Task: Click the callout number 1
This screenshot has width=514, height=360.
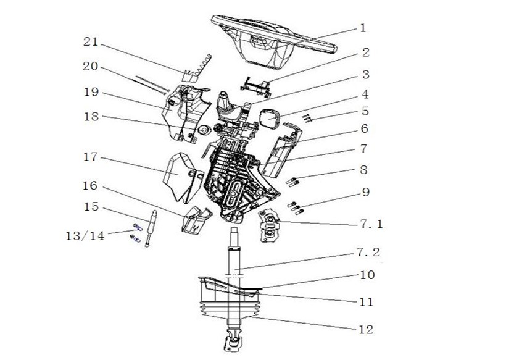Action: pyautogui.click(x=363, y=28)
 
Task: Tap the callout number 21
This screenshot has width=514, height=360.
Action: pyautogui.click(x=91, y=42)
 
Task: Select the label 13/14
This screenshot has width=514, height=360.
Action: pyautogui.click(x=86, y=235)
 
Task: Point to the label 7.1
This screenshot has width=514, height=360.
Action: pyautogui.click(x=371, y=225)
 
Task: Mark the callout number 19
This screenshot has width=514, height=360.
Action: pyautogui.click(x=91, y=92)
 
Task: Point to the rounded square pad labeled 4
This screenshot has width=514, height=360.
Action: pyautogui.click(x=270, y=119)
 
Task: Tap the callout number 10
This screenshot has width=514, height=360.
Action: pyautogui.click(x=367, y=275)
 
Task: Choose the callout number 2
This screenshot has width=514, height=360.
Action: pyautogui.click(x=365, y=52)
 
